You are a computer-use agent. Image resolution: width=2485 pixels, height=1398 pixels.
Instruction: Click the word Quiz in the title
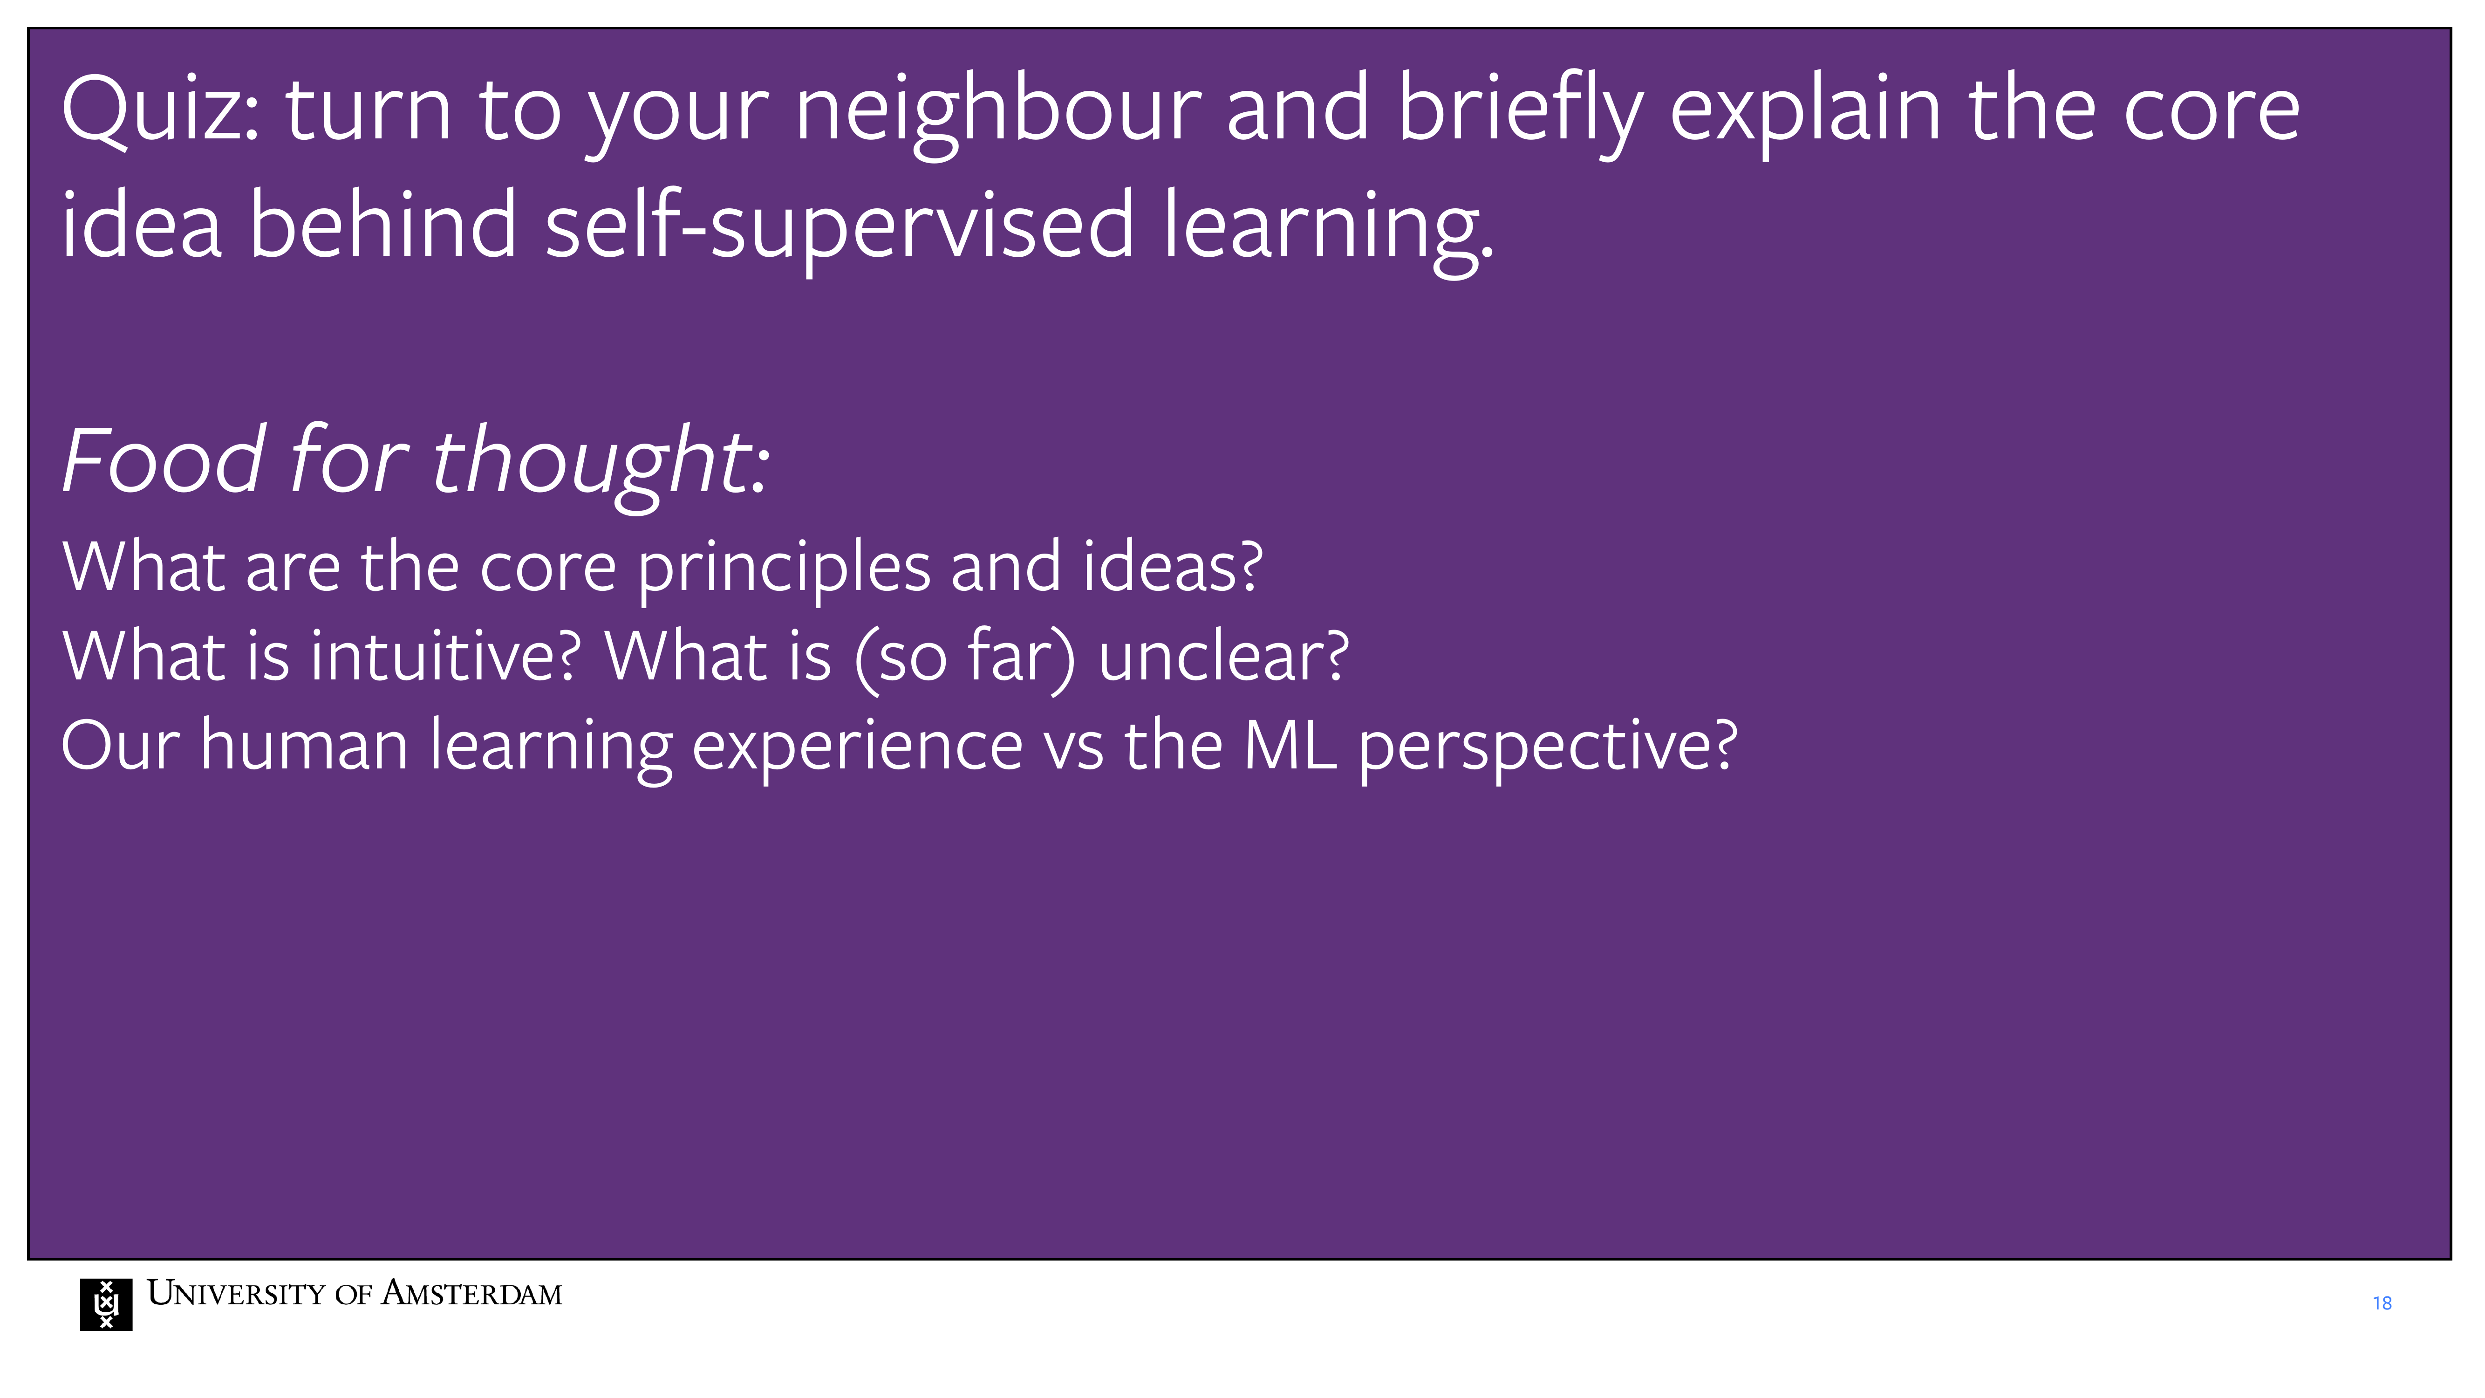point(159,111)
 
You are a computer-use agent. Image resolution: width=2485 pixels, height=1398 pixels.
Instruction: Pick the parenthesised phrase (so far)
point(964,659)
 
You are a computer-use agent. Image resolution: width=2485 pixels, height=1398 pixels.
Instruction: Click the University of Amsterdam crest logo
point(106,1304)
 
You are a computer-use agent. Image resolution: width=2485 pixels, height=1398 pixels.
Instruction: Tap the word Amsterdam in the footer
point(472,1293)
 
